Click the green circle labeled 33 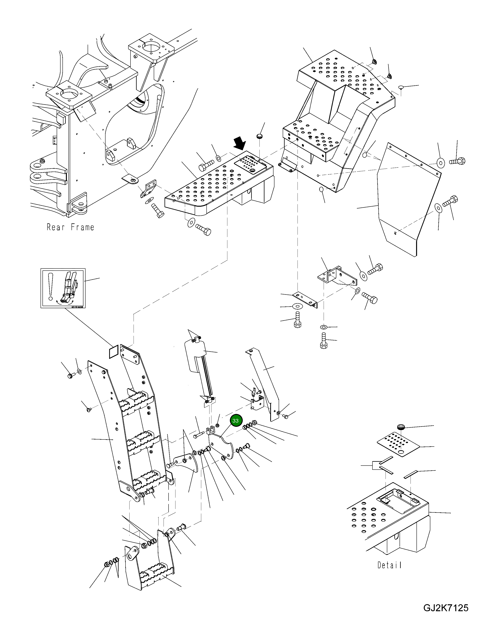click(x=235, y=420)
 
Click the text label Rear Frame click(x=70, y=227)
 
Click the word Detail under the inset click(x=389, y=565)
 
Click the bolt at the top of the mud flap click(x=457, y=161)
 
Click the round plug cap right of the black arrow click(x=259, y=136)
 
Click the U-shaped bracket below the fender click(x=337, y=275)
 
